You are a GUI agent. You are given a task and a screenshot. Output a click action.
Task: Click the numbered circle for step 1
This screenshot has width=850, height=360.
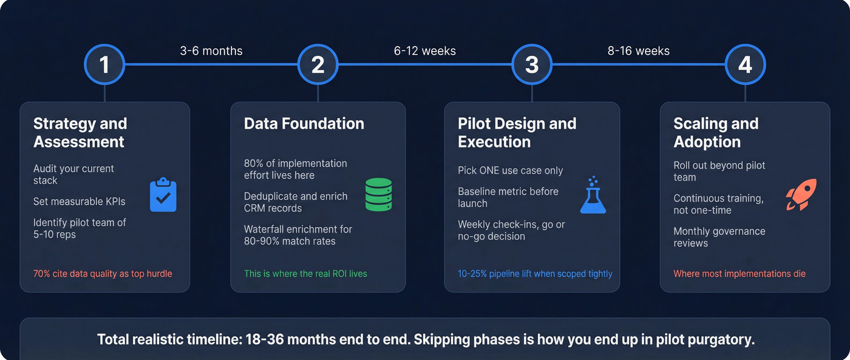click(104, 64)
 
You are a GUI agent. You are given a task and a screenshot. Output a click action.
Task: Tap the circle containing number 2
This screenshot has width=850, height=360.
click(318, 64)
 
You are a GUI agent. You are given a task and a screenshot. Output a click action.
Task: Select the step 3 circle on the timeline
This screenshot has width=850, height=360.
click(532, 64)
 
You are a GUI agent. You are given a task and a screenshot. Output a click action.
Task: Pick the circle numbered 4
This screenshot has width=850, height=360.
click(746, 64)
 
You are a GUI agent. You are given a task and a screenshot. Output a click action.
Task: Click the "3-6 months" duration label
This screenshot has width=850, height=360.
click(211, 51)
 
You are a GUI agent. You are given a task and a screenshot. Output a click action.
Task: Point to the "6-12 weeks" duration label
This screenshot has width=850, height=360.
click(425, 51)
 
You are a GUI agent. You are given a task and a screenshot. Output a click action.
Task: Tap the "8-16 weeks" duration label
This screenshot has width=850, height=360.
click(639, 51)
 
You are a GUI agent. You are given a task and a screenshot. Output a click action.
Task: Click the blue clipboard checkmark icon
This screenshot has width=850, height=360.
click(163, 194)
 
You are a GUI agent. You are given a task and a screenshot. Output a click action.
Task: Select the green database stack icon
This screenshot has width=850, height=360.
click(379, 194)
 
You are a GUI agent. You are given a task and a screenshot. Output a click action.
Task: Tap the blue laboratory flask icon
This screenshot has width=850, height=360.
click(593, 195)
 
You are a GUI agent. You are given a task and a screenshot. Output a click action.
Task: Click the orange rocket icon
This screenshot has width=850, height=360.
click(801, 194)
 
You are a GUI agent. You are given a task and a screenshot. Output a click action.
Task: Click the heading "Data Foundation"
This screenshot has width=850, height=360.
click(304, 124)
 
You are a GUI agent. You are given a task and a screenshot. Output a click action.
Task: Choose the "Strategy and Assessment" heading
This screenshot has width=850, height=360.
click(80, 132)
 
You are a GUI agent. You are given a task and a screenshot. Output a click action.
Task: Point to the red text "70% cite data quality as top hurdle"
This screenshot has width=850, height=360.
click(103, 274)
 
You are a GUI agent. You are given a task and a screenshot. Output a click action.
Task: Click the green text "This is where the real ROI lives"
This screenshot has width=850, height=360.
click(305, 274)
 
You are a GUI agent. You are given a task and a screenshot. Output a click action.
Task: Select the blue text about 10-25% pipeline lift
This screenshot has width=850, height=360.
click(535, 274)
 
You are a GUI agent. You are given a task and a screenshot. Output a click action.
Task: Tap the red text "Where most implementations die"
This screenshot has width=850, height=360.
click(739, 274)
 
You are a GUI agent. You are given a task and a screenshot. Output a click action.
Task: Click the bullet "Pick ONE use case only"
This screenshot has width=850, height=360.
click(511, 171)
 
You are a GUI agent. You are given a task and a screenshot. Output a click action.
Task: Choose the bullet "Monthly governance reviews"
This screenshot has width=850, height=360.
click(719, 237)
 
